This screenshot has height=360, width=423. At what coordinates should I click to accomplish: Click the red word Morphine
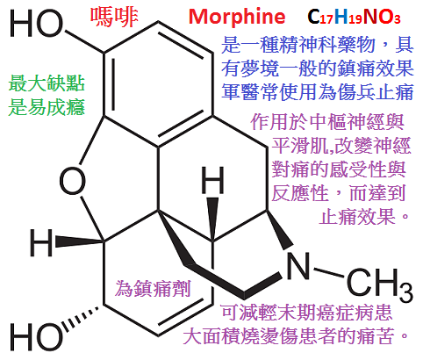pyautogui.click(x=237, y=17)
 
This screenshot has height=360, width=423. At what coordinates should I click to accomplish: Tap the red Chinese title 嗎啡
pyautogui.click(x=114, y=17)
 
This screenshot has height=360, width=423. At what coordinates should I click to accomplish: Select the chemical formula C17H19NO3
pyautogui.click(x=354, y=17)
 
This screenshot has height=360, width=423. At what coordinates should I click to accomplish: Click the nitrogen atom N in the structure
pyautogui.click(x=298, y=266)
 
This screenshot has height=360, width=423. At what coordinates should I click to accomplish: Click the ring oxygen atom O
pyautogui.click(x=72, y=180)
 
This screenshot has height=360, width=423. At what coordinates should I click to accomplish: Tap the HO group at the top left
pyautogui.click(x=36, y=24)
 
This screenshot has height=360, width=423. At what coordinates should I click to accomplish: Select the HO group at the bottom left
pyautogui.click(x=36, y=336)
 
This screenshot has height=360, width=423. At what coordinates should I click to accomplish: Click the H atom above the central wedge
pyautogui.click(x=213, y=180)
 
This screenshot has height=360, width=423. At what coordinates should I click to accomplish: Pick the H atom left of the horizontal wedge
pyautogui.click(x=41, y=242)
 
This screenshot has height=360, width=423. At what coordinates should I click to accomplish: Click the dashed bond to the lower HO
pyautogui.click(x=81, y=318)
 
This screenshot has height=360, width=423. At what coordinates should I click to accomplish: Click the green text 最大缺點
pyautogui.click(x=47, y=83)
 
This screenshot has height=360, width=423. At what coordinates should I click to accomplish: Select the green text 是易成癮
pyautogui.click(x=47, y=107)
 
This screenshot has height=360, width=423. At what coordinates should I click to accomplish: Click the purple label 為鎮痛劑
pyautogui.click(x=153, y=288)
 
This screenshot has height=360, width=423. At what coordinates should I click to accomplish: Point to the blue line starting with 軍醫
pyautogui.click(x=317, y=91)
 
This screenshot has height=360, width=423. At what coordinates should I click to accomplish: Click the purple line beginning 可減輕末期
pyautogui.click(x=306, y=313)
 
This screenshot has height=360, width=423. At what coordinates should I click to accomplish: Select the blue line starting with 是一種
pyautogui.click(x=317, y=45)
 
